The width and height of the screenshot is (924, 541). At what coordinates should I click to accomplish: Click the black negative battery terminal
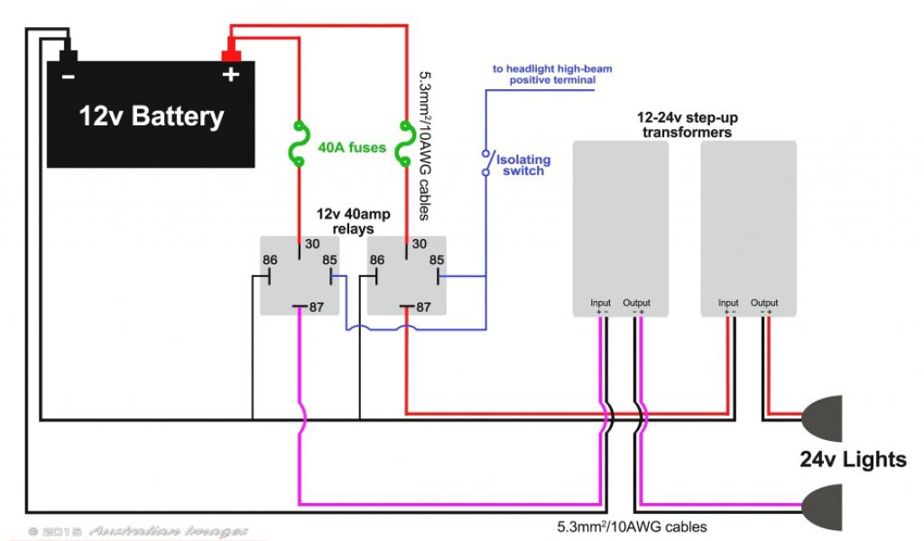tap(69, 55)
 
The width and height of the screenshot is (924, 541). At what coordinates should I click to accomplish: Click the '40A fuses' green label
tap(352, 147)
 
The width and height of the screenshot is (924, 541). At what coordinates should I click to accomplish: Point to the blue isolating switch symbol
tap(485, 162)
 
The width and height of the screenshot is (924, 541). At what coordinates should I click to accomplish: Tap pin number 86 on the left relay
tap(269, 261)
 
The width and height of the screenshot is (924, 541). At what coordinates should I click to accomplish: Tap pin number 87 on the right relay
tap(422, 307)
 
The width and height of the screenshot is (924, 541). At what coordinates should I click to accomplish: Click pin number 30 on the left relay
tap(311, 243)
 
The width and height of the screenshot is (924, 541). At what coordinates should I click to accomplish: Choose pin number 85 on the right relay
tap(437, 261)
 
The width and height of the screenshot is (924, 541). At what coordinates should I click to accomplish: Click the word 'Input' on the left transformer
tap(600, 303)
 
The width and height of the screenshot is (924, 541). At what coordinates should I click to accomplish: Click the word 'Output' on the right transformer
tap(764, 303)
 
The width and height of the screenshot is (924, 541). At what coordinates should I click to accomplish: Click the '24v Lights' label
tap(853, 460)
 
